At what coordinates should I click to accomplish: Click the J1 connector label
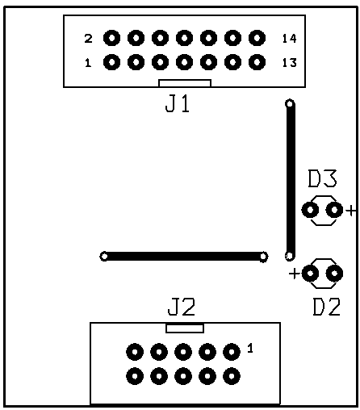[178, 104]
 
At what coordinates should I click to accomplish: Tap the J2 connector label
[182, 307]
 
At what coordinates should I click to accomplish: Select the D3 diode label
[322, 178]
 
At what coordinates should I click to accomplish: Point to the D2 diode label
[327, 307]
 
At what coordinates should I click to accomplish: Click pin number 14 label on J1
[290, 39]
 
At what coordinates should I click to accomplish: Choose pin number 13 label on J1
[290, 63]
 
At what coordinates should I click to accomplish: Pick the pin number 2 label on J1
[88, 39]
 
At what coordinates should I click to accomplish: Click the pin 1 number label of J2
[250, 348]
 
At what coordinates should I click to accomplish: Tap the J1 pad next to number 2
[111, 38]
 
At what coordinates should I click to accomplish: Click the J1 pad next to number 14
[257, 38]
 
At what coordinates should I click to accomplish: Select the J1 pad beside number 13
[257, 62]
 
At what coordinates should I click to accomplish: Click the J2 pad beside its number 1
[232, 352]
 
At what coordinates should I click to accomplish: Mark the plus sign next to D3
[351, 211]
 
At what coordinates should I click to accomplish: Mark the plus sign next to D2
[295, 274]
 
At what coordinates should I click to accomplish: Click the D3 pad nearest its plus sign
[334, 210]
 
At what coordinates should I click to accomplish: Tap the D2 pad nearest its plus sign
[310, 274]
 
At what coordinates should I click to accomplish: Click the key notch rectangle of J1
[185, 83]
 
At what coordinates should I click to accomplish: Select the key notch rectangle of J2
[185, 328]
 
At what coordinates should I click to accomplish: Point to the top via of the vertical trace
[290, 103]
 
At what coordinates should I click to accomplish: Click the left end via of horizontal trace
[104, 257]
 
